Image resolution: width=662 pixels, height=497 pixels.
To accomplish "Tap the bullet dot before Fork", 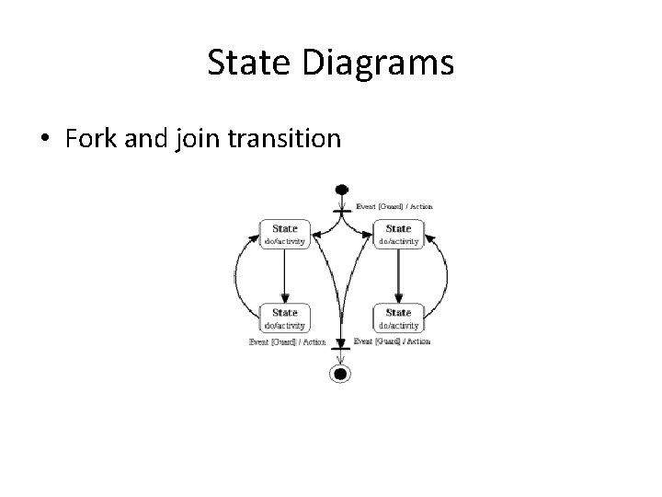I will pyautogui.click(x=45, y=140).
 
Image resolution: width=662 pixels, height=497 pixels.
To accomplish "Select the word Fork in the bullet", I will pyautogui.click(x=92, y=139).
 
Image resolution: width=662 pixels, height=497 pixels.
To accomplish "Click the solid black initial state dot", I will pyautogui.click(x=342, y=190).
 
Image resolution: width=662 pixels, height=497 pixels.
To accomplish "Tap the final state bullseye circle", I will pyautogui.click(x=342, y=373).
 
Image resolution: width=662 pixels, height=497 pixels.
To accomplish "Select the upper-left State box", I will pyautogui.click(x=284, y=234).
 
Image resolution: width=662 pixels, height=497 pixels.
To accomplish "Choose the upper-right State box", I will pyautogui.click(x=397, y=234).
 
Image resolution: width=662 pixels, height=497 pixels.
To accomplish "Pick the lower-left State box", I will pyautogui.click(x=284, y=318).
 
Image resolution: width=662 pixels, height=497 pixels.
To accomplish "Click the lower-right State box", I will pyautogui.click(x=397, y=318).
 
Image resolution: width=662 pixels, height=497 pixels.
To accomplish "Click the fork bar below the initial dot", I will pyautogui.click(x=342, y=211).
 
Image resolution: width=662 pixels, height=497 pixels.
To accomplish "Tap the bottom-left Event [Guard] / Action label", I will pyautogui.click(x=287, y=341).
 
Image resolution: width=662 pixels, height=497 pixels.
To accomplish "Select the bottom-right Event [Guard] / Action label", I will pyautogui.click(x=392, y=341).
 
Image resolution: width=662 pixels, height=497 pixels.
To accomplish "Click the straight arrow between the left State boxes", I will pyautogui.click(x=284, y=275).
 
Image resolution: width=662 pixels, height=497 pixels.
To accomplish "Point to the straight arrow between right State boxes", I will pyautogui.click(x=397, y=275).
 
